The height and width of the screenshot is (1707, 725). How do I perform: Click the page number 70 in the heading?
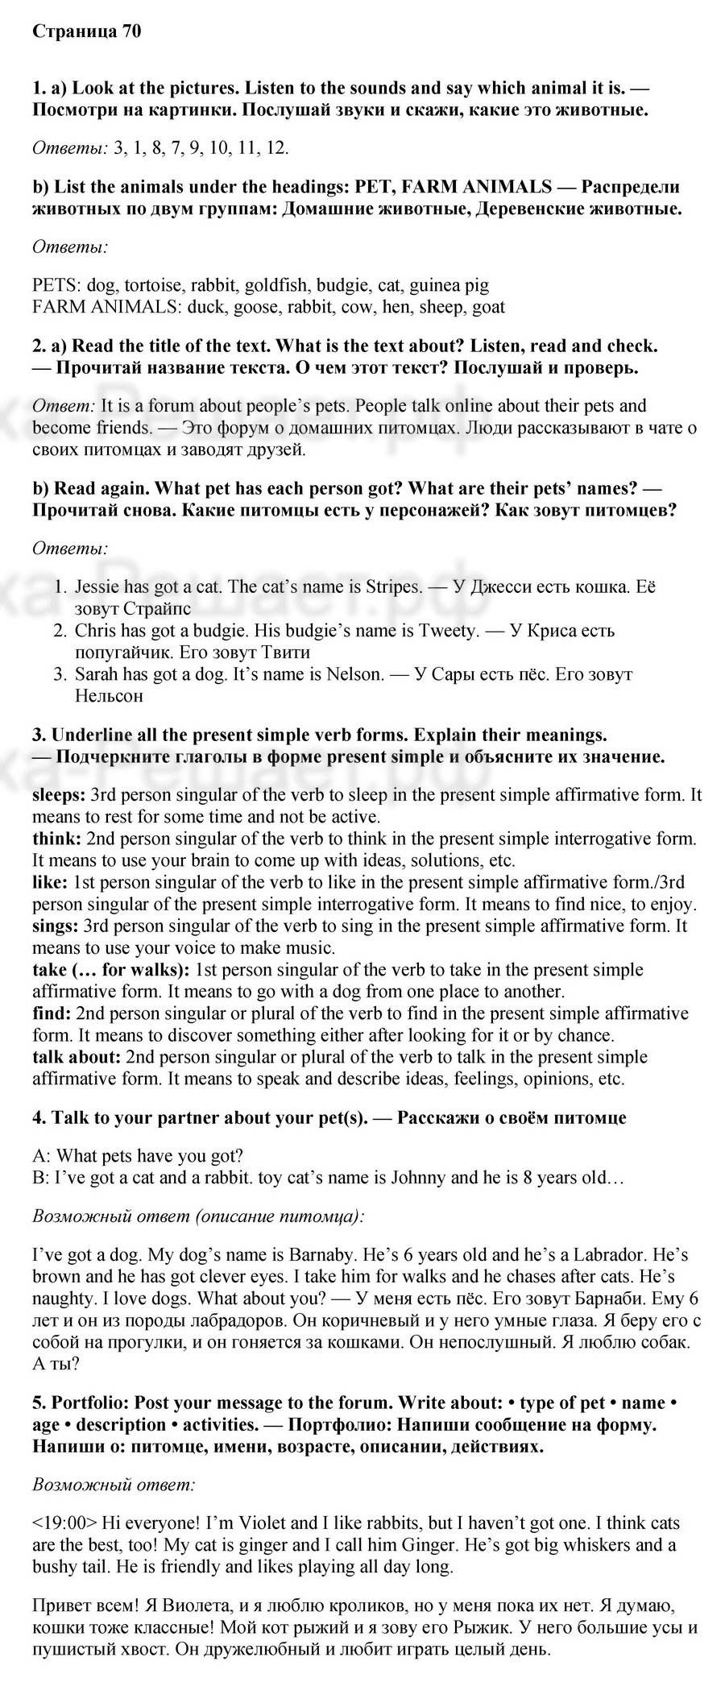131,31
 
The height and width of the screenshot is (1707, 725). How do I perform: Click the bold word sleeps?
58,795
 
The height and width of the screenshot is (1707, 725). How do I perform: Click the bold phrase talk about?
77,1056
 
